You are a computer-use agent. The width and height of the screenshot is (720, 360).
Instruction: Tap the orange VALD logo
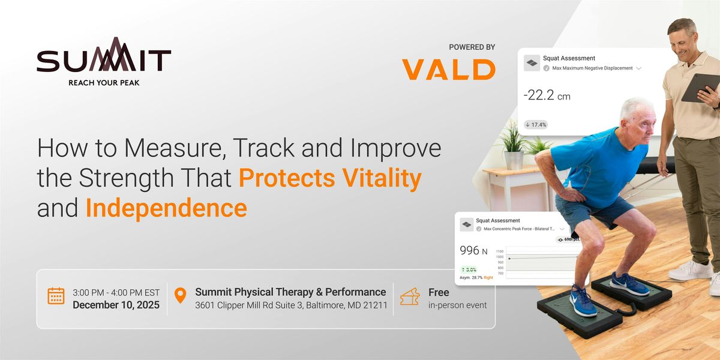[448, 69]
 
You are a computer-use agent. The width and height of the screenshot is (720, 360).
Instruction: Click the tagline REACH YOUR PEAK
[104, 82]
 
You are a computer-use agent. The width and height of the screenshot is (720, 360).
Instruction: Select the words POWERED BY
[472, 47]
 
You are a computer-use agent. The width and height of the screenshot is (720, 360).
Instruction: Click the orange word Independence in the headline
[166, 208]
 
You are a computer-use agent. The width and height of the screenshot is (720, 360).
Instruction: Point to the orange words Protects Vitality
[330, 178]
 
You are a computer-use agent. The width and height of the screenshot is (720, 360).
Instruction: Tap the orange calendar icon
[56, 296]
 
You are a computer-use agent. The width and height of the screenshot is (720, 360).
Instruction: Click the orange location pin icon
[179, 296]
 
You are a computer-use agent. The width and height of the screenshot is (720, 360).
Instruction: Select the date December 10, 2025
[116, 305]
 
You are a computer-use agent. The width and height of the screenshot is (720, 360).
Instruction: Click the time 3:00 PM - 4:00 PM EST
[116, 292]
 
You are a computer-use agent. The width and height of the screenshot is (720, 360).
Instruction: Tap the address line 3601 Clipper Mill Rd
[291, 305]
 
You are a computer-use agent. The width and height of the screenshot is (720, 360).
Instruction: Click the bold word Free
[439, 292]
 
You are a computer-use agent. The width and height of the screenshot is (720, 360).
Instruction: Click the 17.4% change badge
[535, 125]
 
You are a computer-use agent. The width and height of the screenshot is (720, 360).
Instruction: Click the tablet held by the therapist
[699, 88]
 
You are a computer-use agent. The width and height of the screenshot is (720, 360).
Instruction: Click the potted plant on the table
[513, 144]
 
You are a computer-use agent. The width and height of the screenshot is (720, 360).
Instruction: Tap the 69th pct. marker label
[571, 239]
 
